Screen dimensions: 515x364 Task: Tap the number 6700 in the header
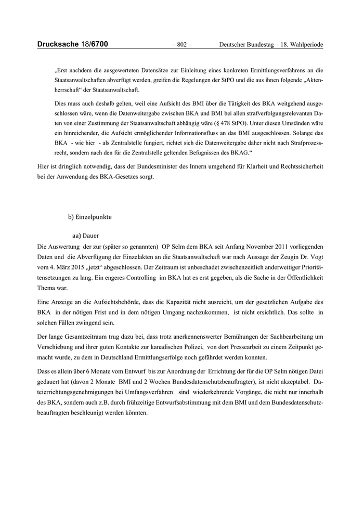tap(98, 45)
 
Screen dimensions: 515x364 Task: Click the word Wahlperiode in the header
tap(306, 45)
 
